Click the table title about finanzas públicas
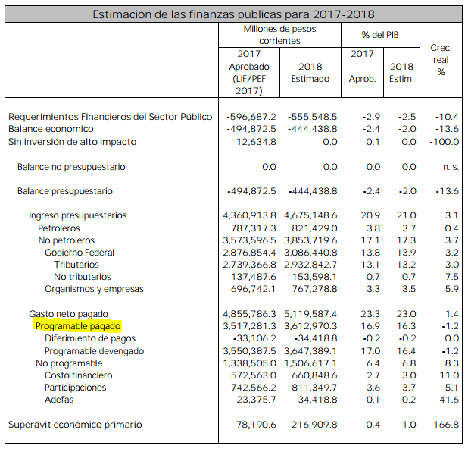point(233,14)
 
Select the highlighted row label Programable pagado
point(78,326)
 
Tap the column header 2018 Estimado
point(310,73)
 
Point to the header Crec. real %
point(441,60)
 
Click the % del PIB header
point(380,35)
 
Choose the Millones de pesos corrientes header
point(279,35)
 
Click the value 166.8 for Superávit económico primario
point(446,425)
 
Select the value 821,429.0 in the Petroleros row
point(314,228)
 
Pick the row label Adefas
point(59,400)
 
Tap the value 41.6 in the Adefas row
point(449,400)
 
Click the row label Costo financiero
point(79,375)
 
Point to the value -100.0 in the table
point(444,142)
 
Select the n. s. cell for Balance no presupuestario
point(451,167)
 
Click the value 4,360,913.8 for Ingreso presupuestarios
point(249,215)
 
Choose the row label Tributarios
point(76,265)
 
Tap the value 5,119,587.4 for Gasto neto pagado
point(310,314)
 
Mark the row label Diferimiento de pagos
point(90,338)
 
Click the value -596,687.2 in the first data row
point(251,117)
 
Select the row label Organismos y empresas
point(94,289)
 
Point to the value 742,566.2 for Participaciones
point(254,388)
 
